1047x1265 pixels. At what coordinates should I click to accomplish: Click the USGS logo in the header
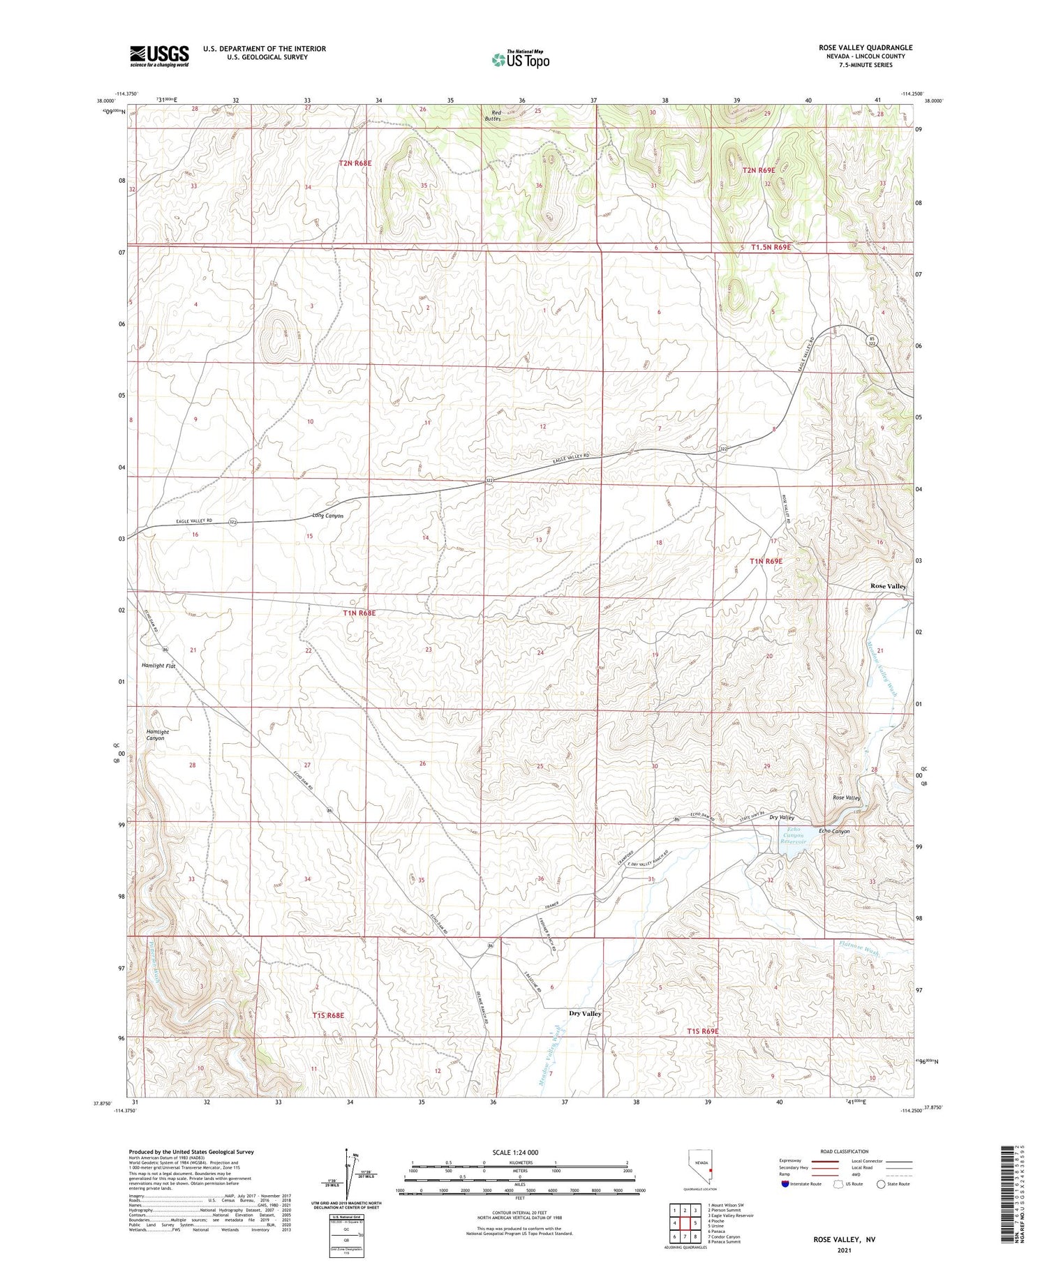click(x=159, y=56)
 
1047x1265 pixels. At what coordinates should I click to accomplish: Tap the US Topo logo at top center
click(x=520, y=60)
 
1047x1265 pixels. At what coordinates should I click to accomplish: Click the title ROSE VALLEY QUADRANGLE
click(x=866, y=48)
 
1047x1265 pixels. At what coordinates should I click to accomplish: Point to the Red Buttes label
click(x=496, y=116)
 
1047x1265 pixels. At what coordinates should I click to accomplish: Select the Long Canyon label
click(x=327, y=516)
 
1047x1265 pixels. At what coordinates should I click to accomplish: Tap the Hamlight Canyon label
click(x=157, y=735)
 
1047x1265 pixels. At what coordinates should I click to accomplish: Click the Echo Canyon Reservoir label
click(x=794, y=835)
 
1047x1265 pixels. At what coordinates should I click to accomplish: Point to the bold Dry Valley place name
click(x=585, y=1013)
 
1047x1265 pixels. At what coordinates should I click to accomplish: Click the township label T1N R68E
click(x=359, y=613)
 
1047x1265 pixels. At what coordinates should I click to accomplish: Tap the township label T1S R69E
click(x=702, y=1031)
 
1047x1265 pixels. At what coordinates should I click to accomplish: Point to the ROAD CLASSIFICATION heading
click(x=845, y=1151)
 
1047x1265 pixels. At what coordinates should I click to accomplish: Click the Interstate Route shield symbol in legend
click(x=785, y=1183)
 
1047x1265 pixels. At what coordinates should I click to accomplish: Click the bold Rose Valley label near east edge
click(x=888, y=586)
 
